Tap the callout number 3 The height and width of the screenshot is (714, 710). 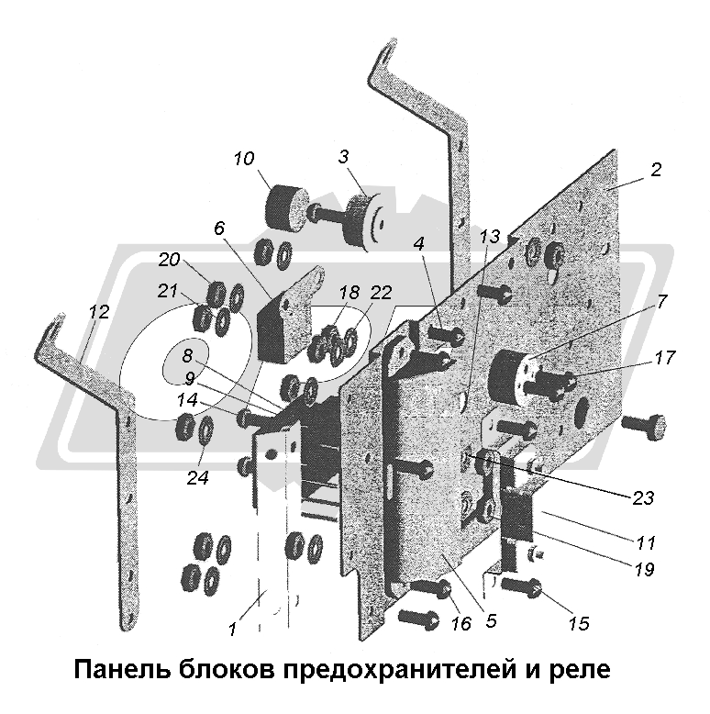343,156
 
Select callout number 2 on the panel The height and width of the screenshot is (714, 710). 656,170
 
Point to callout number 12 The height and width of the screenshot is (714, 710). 99,312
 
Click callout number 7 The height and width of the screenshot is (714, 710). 662,301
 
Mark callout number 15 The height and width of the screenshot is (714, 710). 578,624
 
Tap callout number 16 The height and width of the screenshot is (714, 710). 460,624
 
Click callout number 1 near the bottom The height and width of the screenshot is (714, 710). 233,630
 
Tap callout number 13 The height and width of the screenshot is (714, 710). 489,236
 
